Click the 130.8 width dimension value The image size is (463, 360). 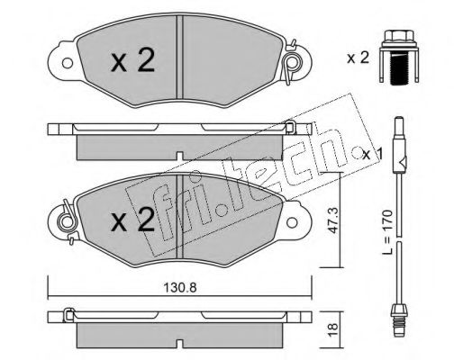pos(180,288)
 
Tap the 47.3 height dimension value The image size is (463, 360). pos(332,220)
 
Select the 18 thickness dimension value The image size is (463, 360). pos(333,329)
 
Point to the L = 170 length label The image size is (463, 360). pos(387,232)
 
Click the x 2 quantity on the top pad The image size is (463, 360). pos(132,60)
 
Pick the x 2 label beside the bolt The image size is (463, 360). pos(358,58)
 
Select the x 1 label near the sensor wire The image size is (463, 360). pos(372,155)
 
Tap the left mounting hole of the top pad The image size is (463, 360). pos(68,63)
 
